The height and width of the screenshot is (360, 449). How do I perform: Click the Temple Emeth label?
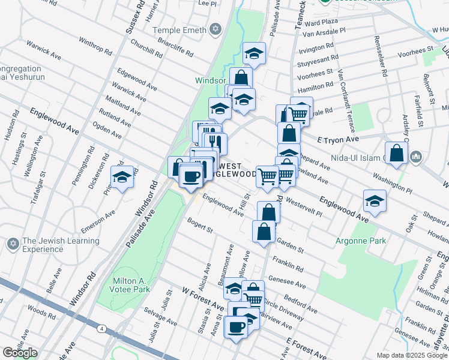[178, 29]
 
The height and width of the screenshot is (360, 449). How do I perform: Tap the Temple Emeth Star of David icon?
[215, 29]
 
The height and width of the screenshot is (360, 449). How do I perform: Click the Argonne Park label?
[360, 241]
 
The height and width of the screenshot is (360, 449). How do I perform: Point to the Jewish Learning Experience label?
[61, 245]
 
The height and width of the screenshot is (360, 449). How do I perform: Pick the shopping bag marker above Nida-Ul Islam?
[396, 154]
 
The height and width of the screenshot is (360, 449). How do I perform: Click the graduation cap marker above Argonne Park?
[375, 200]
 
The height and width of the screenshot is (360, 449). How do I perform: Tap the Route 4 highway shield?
[103, 328]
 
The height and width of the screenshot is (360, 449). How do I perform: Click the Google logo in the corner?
[20, 353]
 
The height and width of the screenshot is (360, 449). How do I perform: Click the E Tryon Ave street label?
[337, 139]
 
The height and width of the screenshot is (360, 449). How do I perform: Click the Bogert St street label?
[200, 227]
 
